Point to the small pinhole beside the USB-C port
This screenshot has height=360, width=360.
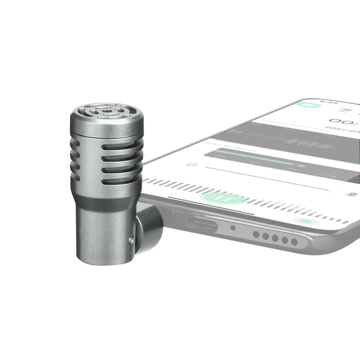pyautogui.click(x=233, y=228)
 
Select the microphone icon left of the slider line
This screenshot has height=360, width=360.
pyautogui.click(x=191, y=164)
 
